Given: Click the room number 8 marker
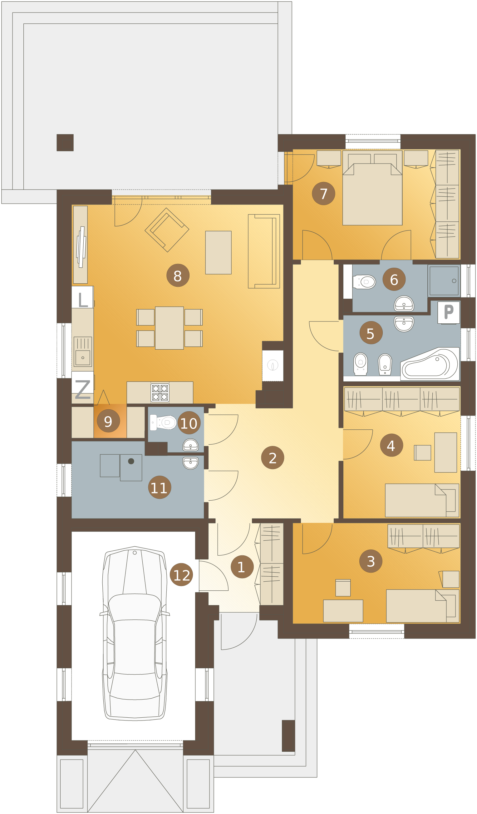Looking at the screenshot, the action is coord(178,276).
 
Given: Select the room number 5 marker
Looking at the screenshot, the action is coord(371,333).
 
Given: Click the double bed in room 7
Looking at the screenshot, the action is coord(372,188).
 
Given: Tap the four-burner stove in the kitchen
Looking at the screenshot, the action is coord(160,393).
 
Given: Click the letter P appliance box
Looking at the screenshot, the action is coord(448,312).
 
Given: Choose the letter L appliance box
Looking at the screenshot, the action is coord(82,297).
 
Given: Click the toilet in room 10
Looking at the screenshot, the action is coord(163,422).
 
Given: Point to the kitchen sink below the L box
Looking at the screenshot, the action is coord(83,352).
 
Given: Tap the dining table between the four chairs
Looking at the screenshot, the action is coord(169,328).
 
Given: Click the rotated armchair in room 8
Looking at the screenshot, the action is coord(167,230).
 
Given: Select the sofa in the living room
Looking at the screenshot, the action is coord(264,251).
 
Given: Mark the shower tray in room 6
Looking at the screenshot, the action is coord(444,281).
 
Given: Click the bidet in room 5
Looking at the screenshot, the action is coord(385,364).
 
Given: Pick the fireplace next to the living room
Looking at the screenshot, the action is coord(273,365).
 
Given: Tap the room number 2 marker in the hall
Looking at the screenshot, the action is coord(273,458).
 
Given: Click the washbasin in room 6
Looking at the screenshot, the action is coord(404,303).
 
